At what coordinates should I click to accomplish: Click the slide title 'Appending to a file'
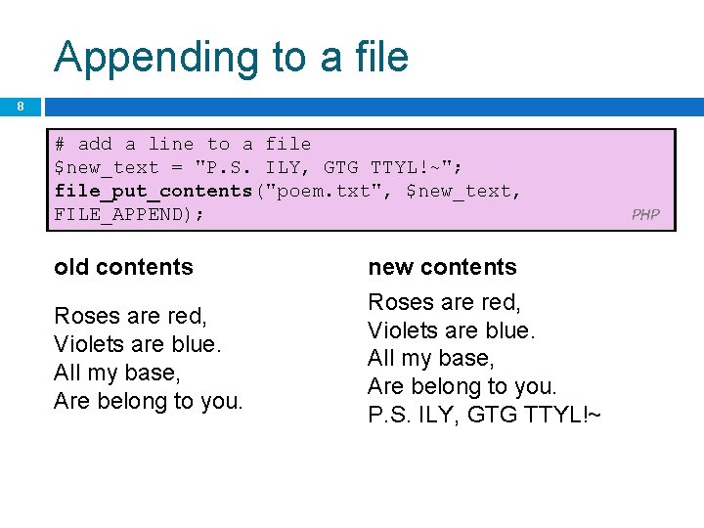pyautogui.click(x=232, y=57)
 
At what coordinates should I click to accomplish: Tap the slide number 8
pyautogui.click(x=20, y=106)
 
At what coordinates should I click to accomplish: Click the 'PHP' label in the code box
pyautogui.click(x=645, y=215)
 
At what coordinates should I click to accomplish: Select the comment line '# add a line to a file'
pyautogui.click(x=183, y=144)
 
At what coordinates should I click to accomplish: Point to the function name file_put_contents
pyautogui.click(x=154, y=191)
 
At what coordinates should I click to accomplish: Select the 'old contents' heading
pyautogui.click(x=124, y=267)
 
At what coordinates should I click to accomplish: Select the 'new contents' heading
pyautogui.click(x=442, y=267)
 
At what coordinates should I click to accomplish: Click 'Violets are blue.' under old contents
pyautogui.click(x=138, y=344)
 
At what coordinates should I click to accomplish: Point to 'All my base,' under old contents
pyautogui.click(x=117, y=373)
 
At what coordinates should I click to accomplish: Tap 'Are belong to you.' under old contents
pyautogui.click(x=149, y=401)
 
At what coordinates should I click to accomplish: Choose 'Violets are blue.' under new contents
pyautogui.click(x=452, y=330)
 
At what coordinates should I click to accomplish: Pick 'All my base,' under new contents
pyautogui.click(x=431, y=358)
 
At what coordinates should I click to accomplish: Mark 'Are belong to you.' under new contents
pyautogui.click(x=462, y=386)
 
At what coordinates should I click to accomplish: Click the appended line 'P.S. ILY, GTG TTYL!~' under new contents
pyautogui.click(x=484, y=416)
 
